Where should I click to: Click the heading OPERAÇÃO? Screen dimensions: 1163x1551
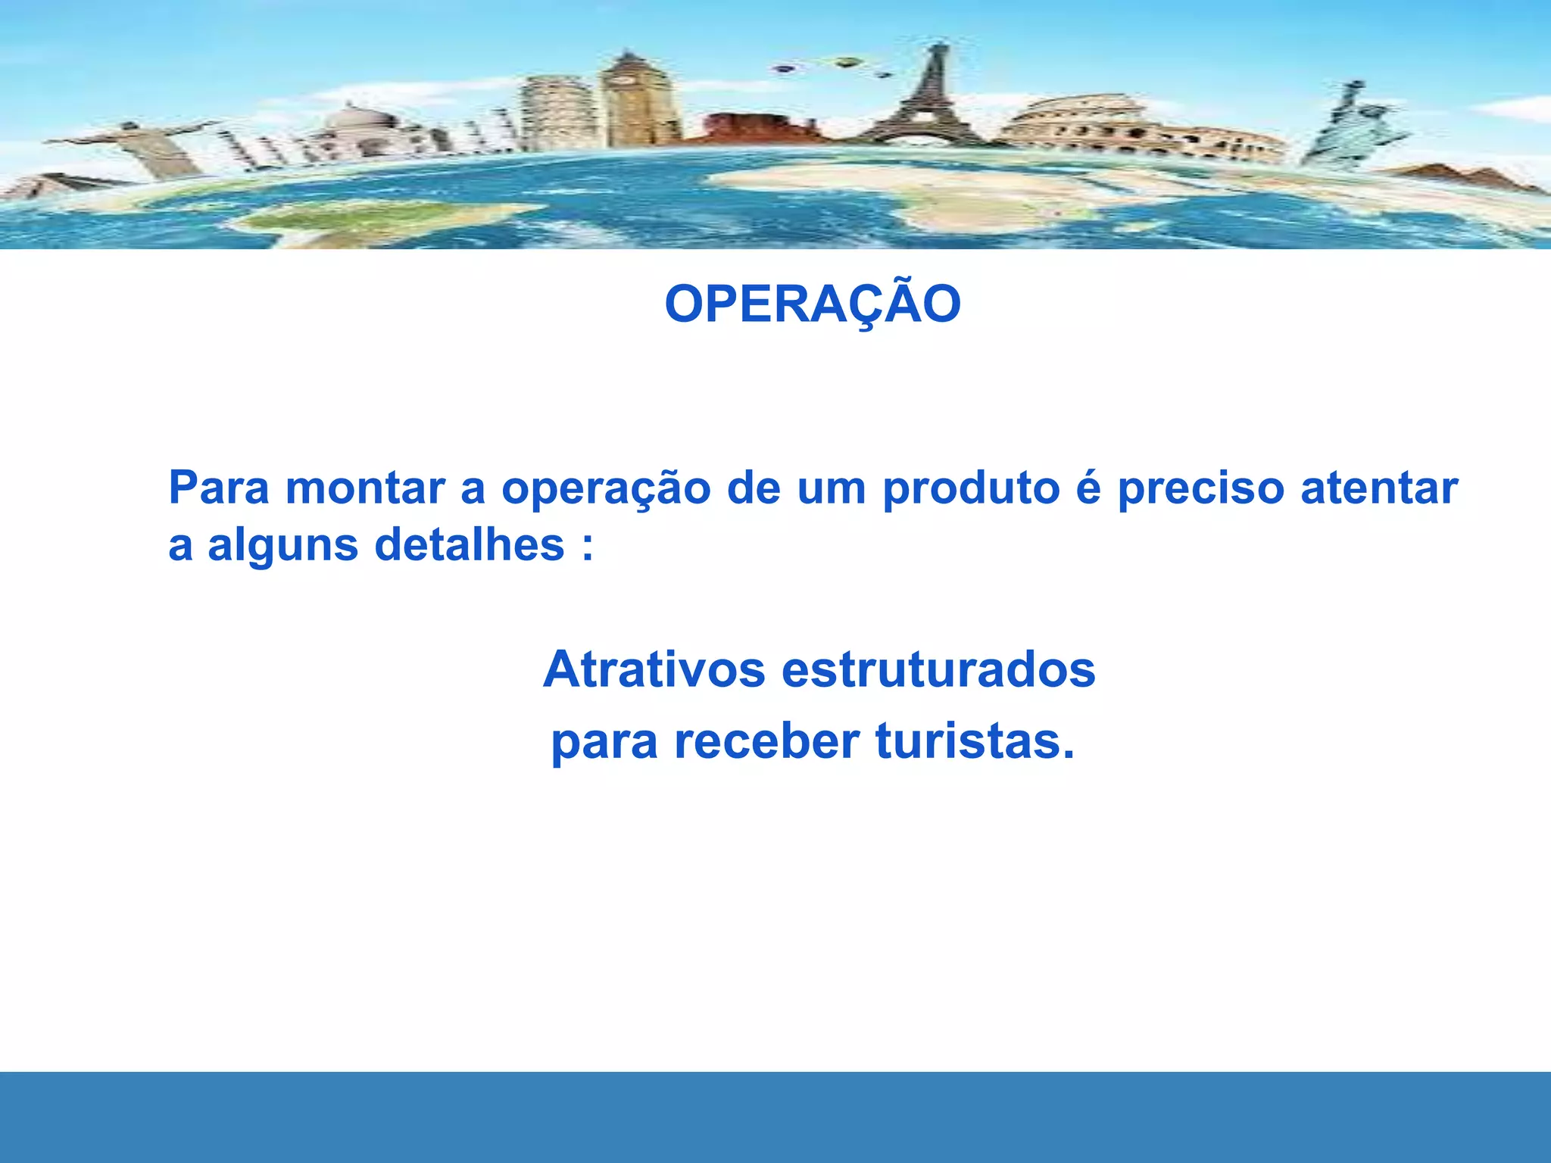(x=813, y=304)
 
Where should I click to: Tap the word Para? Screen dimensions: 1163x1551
(x=219, y=488)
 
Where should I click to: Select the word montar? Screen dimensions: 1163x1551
(x=365, y=489)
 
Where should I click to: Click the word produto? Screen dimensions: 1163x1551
(x=972, y=489)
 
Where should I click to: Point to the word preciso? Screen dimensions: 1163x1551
(x=1201, y=489)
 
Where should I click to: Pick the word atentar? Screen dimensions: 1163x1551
(x=1379, y=489)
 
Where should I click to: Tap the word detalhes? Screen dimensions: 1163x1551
(x=470, y=545)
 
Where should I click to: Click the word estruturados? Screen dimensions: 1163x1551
(x=938, y=669)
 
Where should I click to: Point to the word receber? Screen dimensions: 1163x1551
(x=766, y=741)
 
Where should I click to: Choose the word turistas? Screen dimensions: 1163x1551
(x=975, y=741)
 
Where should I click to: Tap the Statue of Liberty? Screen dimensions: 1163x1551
(x=1352, y=125)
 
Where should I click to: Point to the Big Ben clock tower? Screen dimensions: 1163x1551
(x=631, y=98)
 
